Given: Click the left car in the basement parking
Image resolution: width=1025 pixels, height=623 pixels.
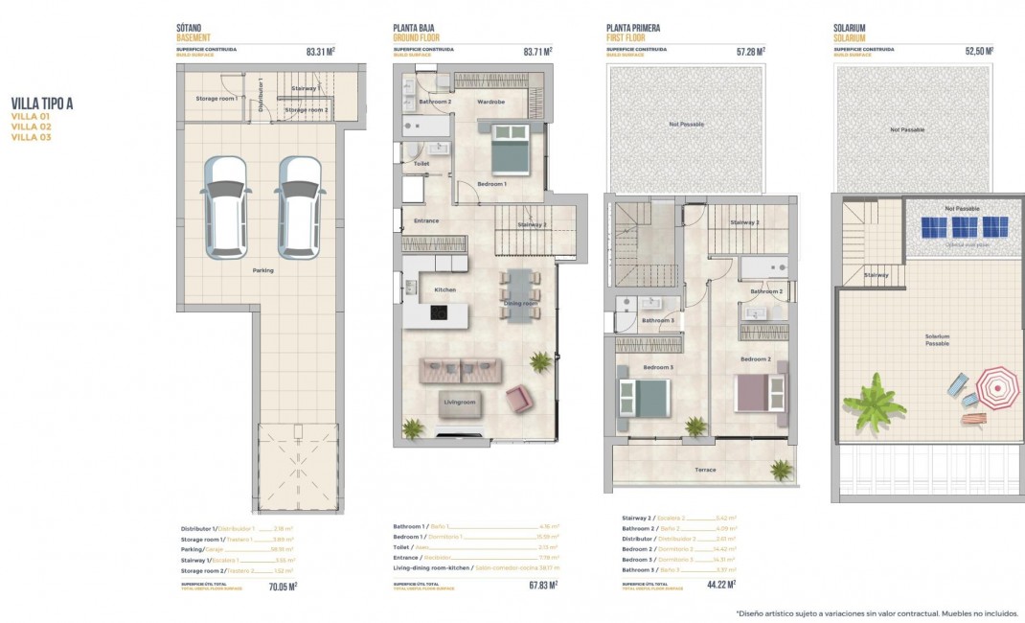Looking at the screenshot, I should tap(227, 207).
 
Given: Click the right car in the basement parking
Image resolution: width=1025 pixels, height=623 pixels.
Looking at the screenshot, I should tap(299, 207).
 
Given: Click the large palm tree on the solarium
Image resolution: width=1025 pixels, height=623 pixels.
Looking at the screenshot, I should tap(873, 403).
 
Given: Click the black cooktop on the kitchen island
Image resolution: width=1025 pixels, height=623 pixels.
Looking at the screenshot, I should tap(437, 312).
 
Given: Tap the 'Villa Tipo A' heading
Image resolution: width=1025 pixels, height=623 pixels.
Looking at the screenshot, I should tap(42, 104).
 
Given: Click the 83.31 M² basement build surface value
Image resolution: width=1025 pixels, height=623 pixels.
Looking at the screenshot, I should tap(320, 52).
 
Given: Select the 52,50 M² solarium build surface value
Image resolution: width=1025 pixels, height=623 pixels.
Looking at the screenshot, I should tap(977, 52).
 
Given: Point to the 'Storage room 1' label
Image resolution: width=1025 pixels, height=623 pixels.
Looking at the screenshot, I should tap(216, 98).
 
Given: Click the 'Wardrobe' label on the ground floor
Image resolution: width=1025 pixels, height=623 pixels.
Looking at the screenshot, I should tap(490, 101).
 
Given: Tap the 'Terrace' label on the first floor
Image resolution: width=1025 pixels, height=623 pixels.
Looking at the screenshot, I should tap(705, 470).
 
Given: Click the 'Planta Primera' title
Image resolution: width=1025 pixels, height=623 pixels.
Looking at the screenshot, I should tap(633, 29).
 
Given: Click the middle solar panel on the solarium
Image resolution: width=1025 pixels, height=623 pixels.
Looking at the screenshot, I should tap(965, 227).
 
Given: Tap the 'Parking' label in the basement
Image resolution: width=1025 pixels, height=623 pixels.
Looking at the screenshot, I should tap(262, 270).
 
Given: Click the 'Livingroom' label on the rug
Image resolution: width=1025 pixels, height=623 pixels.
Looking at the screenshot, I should tap(460, 403).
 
